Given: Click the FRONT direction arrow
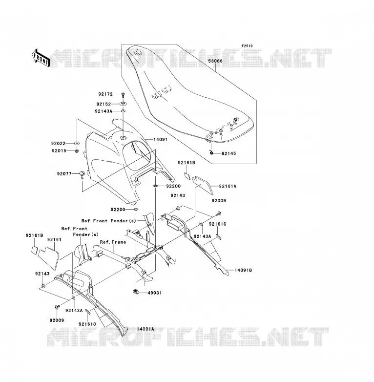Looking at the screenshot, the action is click(x=41, y=58).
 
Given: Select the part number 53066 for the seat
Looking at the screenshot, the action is click(x=215, y=61).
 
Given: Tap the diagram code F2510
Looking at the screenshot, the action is click(x=247, y=46).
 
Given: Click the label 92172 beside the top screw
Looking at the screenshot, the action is click(x=105, y=94).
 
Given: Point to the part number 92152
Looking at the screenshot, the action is click(x=104, y=104).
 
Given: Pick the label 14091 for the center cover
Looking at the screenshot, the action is click(x=161, y=140).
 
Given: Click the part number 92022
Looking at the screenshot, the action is click(x=59, y=144).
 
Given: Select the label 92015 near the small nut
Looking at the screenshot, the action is click(x=59, y=151).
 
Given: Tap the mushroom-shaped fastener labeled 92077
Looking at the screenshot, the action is click(x=82, y=175).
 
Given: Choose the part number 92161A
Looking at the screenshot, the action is click(x=228, y=187).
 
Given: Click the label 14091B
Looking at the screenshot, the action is click(x=243, y=270).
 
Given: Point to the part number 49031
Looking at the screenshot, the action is click(x=155, y=293).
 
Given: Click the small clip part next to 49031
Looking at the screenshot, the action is click(x=136, y=291).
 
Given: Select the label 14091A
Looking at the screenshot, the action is click(x=145, y=329).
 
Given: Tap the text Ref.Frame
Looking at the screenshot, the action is click(x=113, y=242).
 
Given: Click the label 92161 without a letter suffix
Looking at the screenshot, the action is click(x=54, y=240).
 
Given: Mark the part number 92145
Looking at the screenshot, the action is click(x=229, y=153).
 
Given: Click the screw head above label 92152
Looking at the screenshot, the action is click(x=123, y=94).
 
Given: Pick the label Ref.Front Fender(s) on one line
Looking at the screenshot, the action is click(x=108, y=221).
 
